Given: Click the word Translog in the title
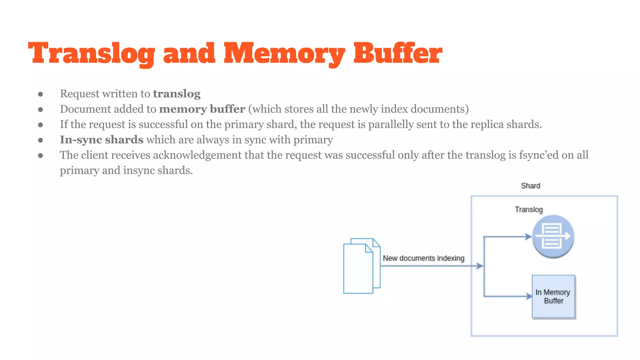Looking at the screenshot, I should (x=91, y=54).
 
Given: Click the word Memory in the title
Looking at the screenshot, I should (x=284, y=54).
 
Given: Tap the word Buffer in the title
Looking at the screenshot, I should (x=397, y=54).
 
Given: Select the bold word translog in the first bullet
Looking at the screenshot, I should (x=177, y=94).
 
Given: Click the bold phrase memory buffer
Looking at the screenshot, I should (x=202, y=109).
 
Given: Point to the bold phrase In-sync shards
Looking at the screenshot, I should (x=102, y=140).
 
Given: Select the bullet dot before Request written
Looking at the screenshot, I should (x=40, y=94).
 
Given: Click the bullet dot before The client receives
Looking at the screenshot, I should (x=40, y=155).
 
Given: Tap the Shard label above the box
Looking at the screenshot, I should (x=530, y=186).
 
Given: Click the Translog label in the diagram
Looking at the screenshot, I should (x=529, y=210).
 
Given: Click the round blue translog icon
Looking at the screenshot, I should (x=553, y=236).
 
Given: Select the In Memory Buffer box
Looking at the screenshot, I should (x=553, y=297).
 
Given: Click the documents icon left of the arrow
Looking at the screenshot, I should (x=361, y=266).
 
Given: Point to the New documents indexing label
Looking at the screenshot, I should (x=423, y=258).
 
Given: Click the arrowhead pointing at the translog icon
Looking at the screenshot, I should (x=528, y=237).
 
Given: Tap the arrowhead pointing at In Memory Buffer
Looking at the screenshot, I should (x=529, y=296).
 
